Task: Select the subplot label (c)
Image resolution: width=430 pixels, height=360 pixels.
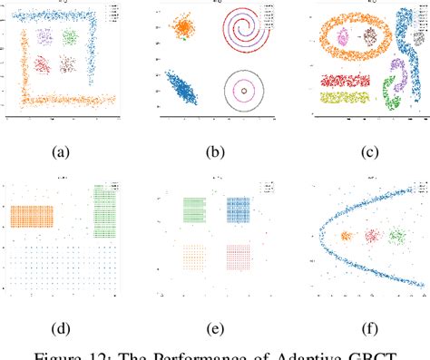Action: pyautogui.click(x=369, y=153)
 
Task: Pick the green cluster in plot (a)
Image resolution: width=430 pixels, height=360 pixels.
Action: pyautogui.click(x=70, y=37)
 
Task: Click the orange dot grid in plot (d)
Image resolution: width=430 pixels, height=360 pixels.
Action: pyautogui.click(x=30, y=216)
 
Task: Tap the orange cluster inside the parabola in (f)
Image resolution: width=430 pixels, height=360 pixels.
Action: pyautogui.click(x=346, y=237)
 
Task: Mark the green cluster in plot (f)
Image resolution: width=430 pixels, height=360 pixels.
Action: pyautogui.click(x=396, y=237)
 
